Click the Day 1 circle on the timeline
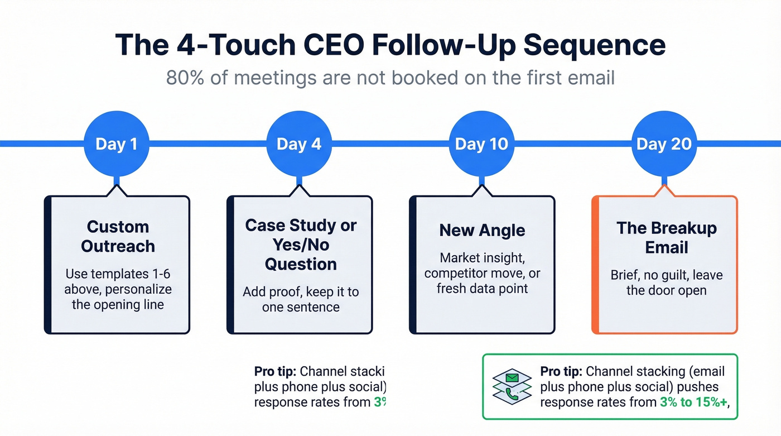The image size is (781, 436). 116,144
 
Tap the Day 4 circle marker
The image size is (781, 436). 299,144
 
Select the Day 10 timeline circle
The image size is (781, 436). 481,144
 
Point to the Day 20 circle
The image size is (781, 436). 664,144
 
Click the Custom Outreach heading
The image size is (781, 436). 118,236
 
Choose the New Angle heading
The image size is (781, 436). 483,230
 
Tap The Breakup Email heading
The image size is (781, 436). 666,237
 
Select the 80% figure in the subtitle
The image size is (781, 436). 186,77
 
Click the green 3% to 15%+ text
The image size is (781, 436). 693,402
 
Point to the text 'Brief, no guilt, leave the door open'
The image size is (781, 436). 666,283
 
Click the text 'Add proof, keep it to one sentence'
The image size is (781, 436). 301,299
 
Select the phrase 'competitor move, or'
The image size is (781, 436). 483,274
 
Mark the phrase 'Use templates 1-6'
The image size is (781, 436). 118,274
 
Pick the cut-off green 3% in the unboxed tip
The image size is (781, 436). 379,402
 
